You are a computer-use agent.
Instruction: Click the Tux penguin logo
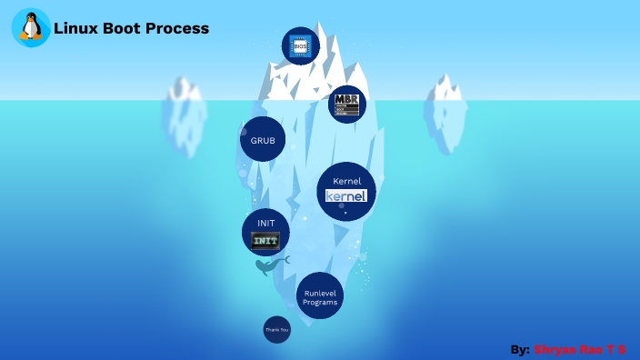click(x=31, y=27)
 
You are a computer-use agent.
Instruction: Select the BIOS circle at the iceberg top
click(x=300, y=45)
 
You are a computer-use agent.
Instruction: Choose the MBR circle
click(x=346, y=104)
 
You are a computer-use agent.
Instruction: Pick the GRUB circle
click(x=263, y=140)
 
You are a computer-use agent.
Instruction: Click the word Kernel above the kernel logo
click(x=346, y=181)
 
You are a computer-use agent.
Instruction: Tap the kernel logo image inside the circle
click(x=346, y=196)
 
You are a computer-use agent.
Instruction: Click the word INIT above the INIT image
click(x=265, y=223)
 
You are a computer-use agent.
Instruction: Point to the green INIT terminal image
click(x=265, y=241)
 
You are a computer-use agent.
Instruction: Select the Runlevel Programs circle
click(x=320, y=295)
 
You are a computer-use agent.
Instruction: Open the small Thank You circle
click(x=276, y=329)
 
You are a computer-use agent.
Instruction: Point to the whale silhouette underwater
click(x=270, y=265)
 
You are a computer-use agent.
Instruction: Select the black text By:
click(x=520, y=349)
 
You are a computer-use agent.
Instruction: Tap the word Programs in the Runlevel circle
click(x=320, y=302)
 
